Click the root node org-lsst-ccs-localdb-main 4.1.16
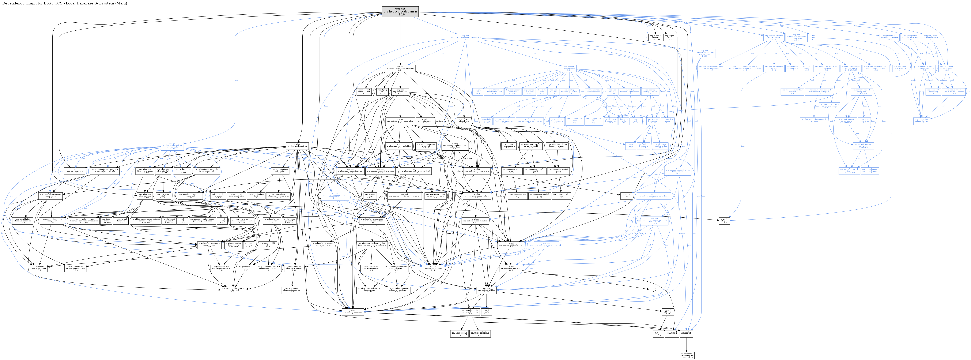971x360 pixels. coord(400,12)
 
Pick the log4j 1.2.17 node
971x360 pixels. coord(486,312)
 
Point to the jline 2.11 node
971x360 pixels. coord(654,290)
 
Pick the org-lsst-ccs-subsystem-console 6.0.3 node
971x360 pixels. coord(400,69)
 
